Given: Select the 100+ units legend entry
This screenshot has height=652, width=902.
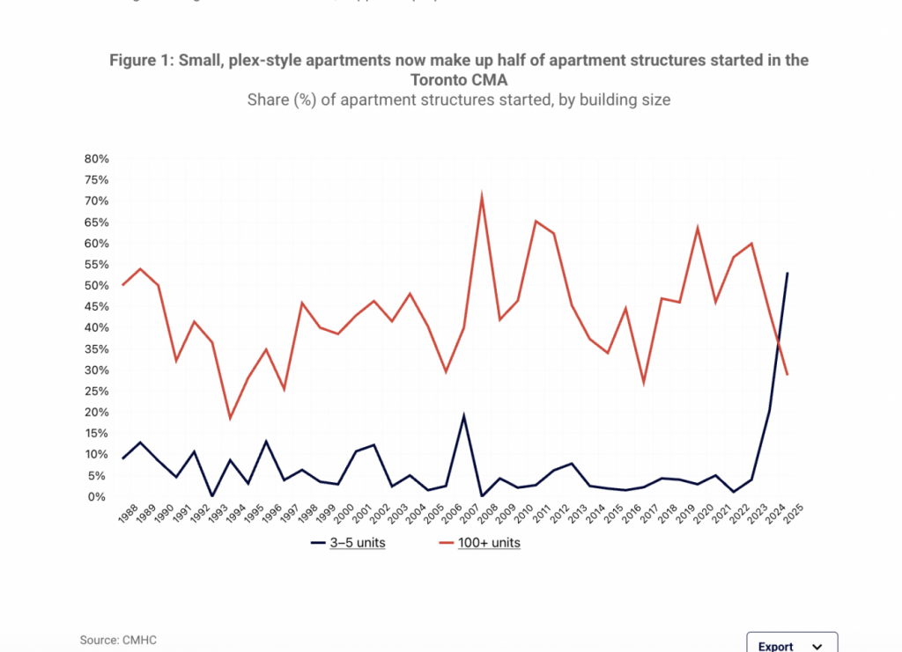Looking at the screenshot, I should [x=479, y=543].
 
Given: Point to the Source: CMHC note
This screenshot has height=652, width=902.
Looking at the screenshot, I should [x=112, y=640].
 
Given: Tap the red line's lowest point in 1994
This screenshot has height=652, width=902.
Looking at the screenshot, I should [x=230, y=418].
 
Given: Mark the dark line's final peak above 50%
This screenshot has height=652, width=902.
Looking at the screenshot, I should [x=787, y=273].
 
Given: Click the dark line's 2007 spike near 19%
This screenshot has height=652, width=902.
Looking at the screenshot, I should [x=463, y=416].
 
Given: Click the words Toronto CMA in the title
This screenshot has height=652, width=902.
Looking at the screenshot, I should [x=458, y=79].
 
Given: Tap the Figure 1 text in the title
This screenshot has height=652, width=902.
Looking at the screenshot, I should [x=141, y=60].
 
